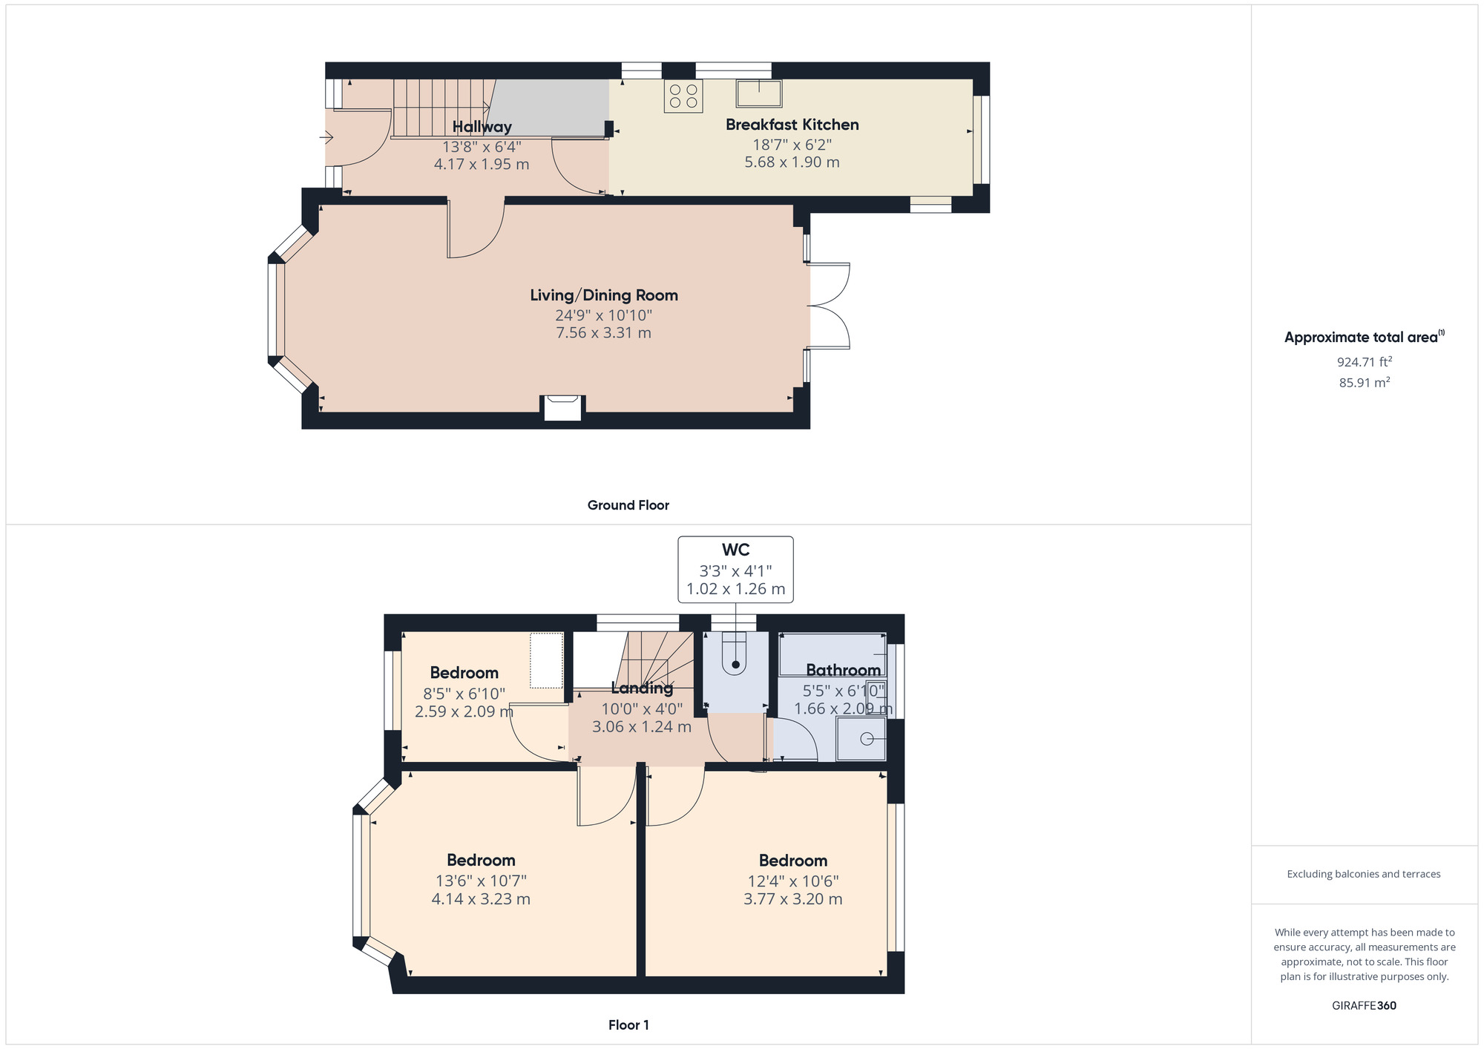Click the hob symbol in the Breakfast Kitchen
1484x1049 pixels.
click(683, 96)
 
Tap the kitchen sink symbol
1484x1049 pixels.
click(759, 94)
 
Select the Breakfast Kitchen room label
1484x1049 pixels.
click(792, 125)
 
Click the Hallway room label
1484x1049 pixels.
click(482, 127)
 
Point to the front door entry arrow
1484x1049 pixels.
click(326, 137)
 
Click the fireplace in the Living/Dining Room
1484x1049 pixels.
click(562, 408)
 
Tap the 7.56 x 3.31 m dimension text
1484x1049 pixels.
click(603, 333)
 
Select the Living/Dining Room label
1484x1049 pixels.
click(603, 295)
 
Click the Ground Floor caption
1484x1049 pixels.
click(628, 505)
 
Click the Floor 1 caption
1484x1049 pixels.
click(628, 1025)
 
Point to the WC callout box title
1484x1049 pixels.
click(735, 550)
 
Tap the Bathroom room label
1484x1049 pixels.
click(843, 670)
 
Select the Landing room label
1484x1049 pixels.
click(642, 688)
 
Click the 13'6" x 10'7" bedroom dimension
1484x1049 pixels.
click(481, 881)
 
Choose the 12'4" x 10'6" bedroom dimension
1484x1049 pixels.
click(792, 881)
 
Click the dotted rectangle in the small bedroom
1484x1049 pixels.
click(546, 660)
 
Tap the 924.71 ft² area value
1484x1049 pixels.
click(1364, 362)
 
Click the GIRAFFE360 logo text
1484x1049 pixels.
click(1364, 1006)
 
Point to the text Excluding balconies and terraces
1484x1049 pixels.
click(1364, 874)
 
